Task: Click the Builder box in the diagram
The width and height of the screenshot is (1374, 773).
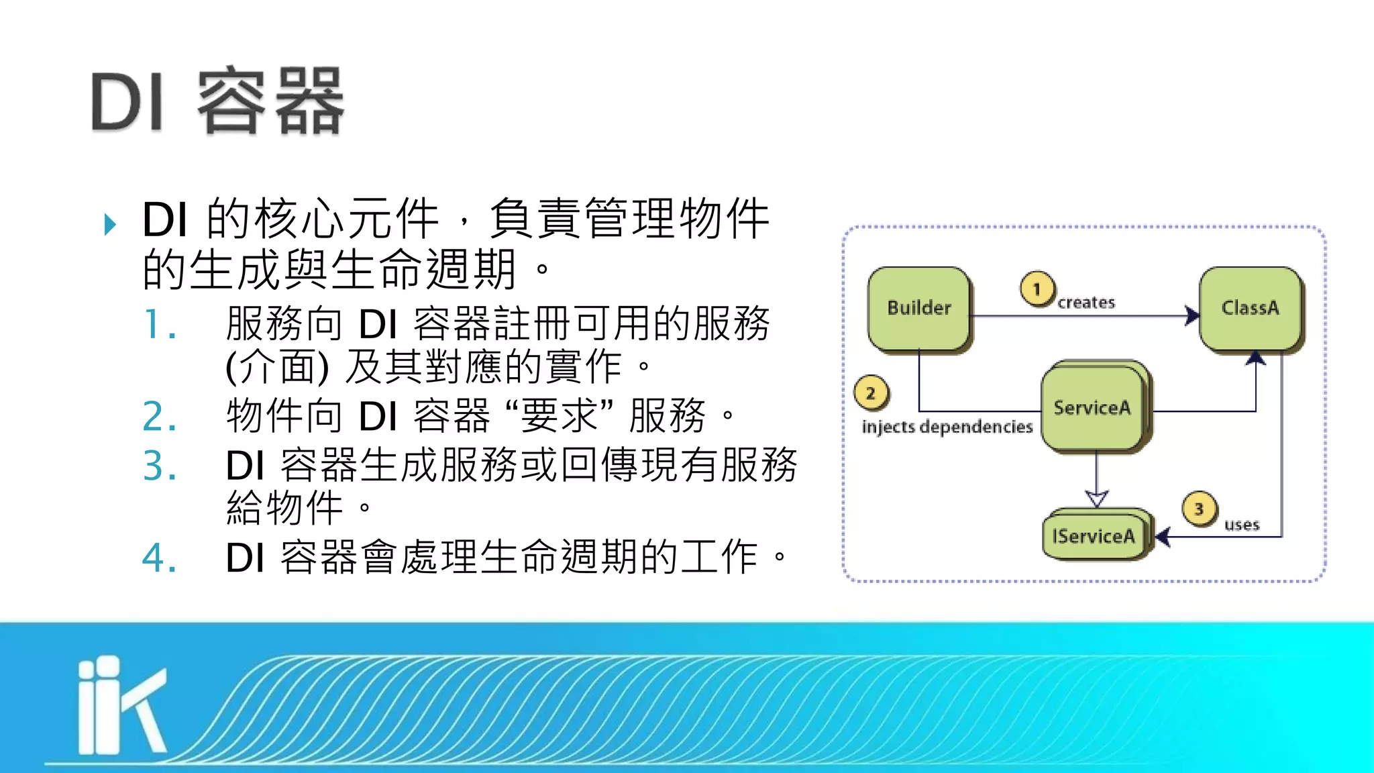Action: pos(918,308)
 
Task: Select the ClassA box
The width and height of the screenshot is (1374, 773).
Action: pos(1250,308)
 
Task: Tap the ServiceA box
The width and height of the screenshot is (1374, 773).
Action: pos(1092,408)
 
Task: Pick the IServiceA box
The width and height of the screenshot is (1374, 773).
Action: pos(1094,536)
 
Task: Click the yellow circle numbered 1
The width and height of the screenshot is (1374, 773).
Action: pos(1037,289)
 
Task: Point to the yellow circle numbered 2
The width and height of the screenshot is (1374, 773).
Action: pos(870,393)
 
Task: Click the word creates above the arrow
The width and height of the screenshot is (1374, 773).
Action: pos(1086,303)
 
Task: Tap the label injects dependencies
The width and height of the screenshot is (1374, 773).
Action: pos(947,427)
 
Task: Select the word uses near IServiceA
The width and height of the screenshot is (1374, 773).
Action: pos(1242,525)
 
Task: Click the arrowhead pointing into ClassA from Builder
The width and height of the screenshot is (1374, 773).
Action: pos(1192,315)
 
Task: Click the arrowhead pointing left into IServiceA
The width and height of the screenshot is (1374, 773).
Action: pos(1163,537)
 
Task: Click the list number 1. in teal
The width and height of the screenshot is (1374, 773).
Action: pos(160,325)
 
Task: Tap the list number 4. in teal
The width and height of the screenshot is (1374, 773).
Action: pos(160,558)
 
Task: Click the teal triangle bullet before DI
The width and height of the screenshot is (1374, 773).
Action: pos(111,224)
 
